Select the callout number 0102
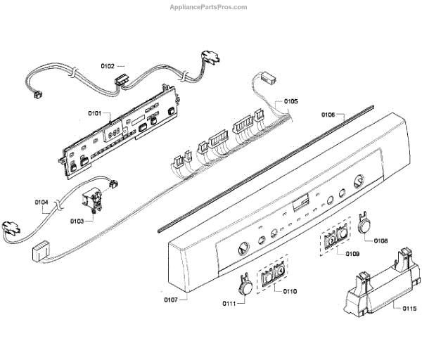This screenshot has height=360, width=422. (x=108, y=66)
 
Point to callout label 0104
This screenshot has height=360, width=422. (x=41, y=203)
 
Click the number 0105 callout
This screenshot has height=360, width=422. (x=290, y=101)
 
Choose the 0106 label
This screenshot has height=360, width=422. (x=328, y=114)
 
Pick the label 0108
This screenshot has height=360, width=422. (x=381, y=240)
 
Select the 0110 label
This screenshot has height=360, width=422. (x=290, y=291)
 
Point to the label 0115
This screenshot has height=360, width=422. (x=409, y=308)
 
